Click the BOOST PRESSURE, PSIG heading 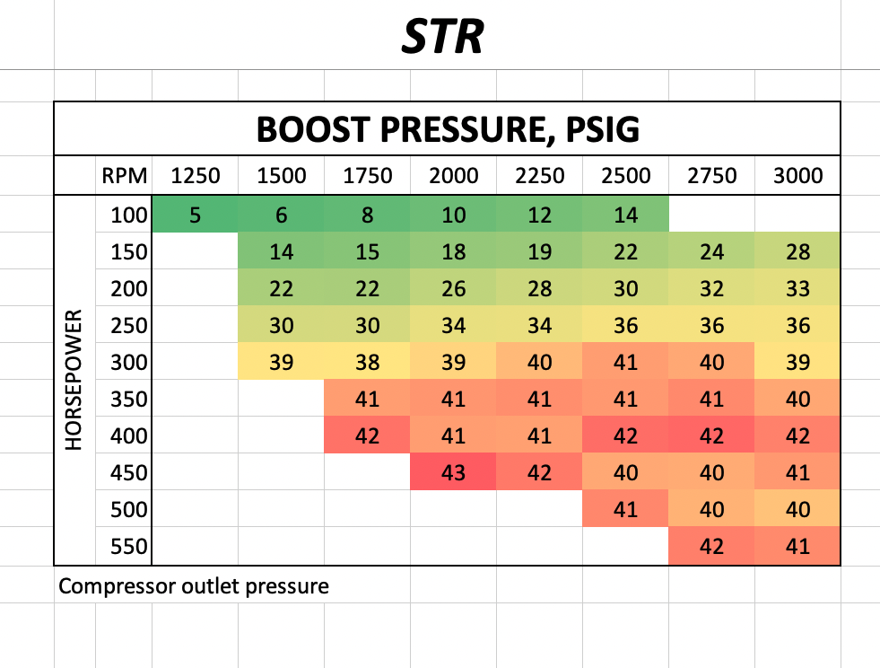[x=448, y=129]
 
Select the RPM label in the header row [x=123, y=176]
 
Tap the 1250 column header [x=196, y=176]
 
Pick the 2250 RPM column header [x=540, y=176]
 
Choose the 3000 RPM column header [x=797, y=176]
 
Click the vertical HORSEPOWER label [x=75, y=382]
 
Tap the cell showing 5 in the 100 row [x=196, y=215]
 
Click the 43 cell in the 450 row [x=454, y=472]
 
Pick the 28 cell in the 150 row [x=797, y=252]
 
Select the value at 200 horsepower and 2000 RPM [x=454, y=289]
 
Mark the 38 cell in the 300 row [x=368, y=363]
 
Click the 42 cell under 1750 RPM [x=368, y=436]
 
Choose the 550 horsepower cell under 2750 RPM [x=711, y=546]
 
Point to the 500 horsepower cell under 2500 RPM [x=625, y=509]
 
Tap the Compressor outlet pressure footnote [x=194, y=587]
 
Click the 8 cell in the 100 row [x=368, y=215]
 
